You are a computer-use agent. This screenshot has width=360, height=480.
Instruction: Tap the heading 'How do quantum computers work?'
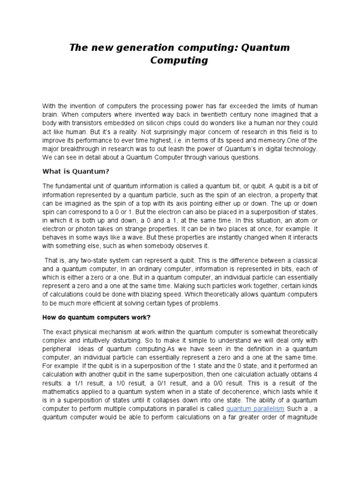tap(97, 317)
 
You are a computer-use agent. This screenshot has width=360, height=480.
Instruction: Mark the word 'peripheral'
tap(58, 350)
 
